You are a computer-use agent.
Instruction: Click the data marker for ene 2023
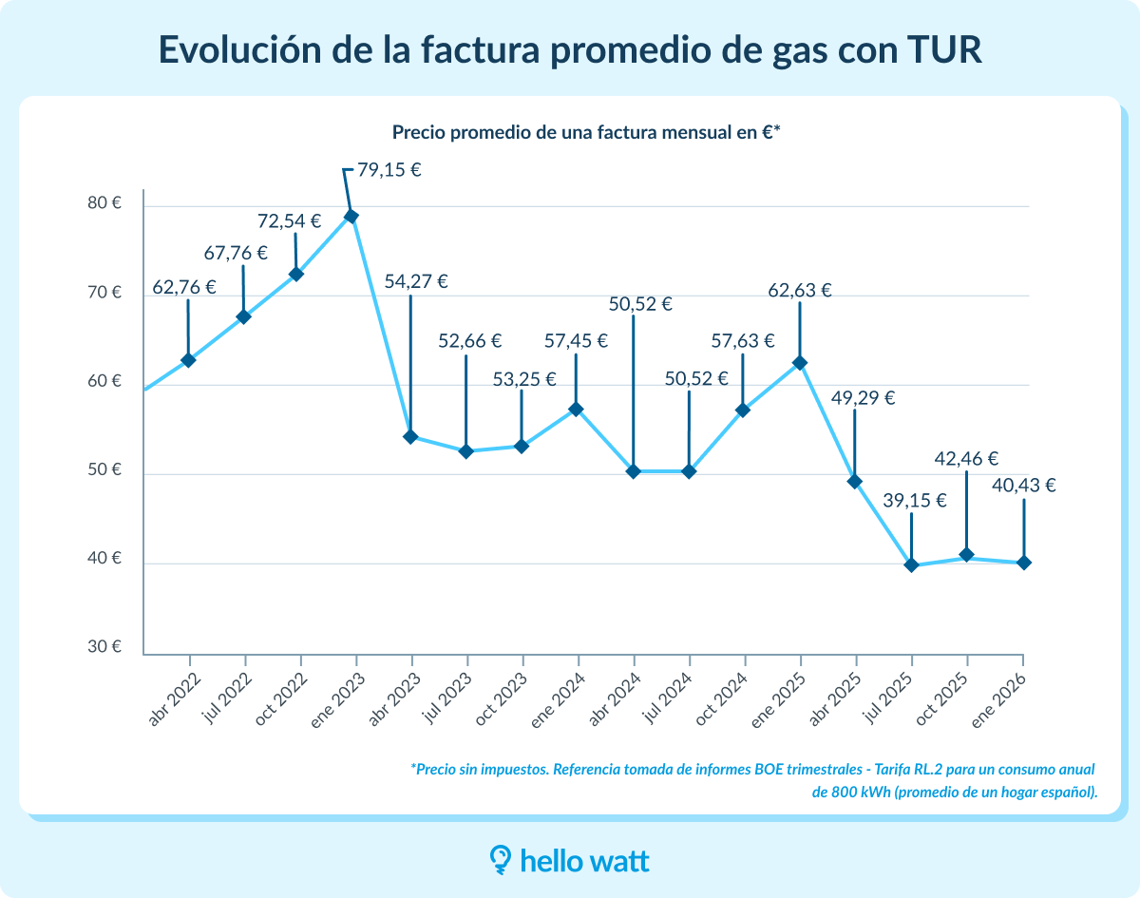351,216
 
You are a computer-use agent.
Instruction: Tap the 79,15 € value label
389,170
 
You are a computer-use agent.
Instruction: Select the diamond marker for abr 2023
410,437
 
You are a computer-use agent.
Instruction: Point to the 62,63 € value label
799,291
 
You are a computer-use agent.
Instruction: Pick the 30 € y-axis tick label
104,647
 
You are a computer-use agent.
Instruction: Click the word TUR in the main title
938,50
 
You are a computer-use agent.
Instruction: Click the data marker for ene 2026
1023,563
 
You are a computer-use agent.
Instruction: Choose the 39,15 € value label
915,501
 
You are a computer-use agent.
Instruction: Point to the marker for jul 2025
911,565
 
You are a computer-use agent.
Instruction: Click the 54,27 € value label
416,281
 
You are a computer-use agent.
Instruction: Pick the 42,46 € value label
966,459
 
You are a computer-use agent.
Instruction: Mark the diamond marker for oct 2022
295,275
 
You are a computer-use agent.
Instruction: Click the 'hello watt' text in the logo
585,861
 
